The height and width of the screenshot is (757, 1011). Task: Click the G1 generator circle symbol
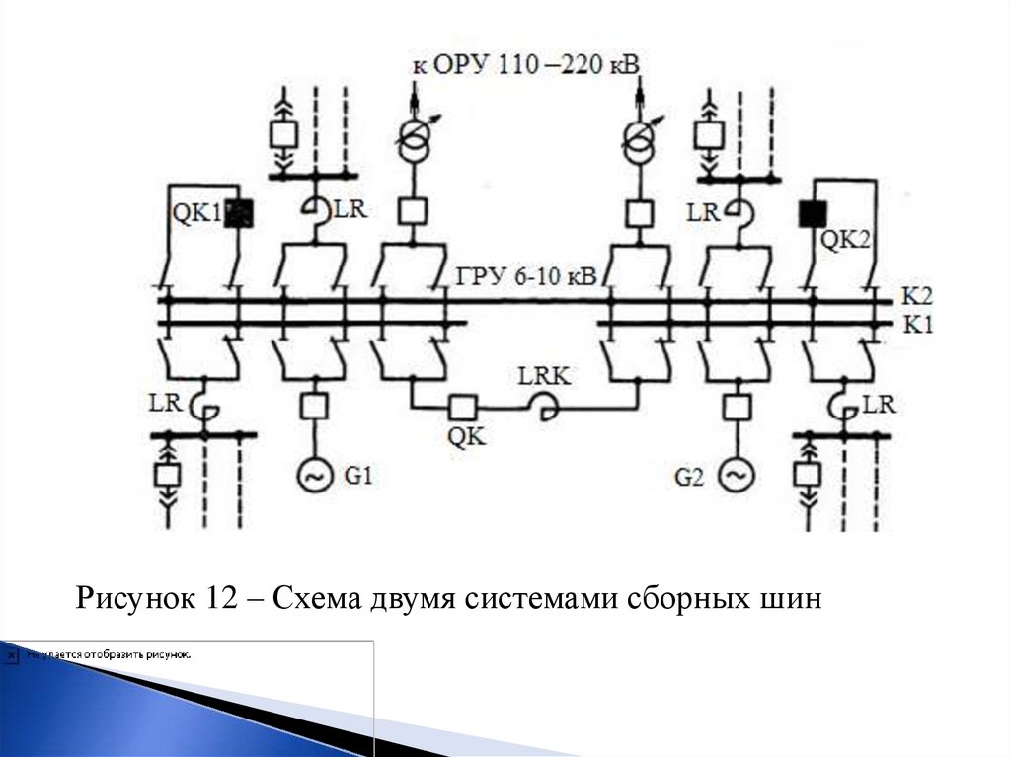[x=313, y=477]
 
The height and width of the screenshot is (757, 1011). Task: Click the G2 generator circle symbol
[x=736, y=477]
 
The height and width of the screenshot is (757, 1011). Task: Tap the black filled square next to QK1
[x=238, y=213]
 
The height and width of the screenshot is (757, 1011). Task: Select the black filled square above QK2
[x=813, y=213]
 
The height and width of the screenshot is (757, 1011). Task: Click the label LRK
[x=544, y=376]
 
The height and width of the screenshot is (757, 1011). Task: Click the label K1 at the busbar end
[x=917, y=323]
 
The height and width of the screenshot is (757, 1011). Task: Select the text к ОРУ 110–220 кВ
[x=525, y=66]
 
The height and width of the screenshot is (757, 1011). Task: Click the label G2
[x=691, y=478]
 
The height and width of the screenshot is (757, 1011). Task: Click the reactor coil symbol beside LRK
[x=543, y=407]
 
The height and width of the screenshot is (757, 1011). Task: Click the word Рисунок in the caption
[x=133, y=598]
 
